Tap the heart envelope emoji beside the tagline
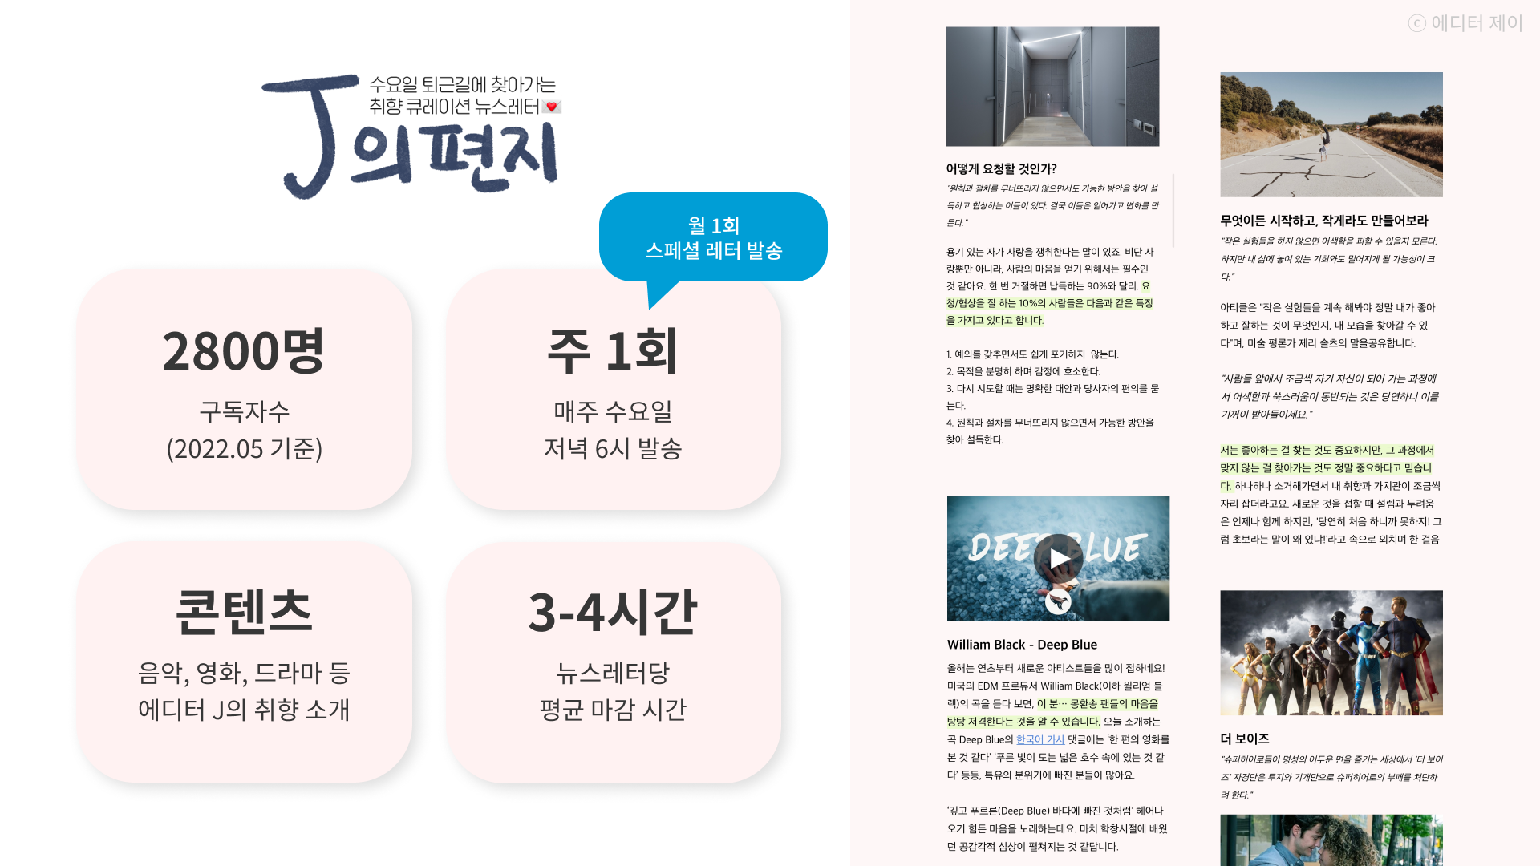pyautogui.click(x=552, y=107)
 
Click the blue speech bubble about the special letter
pyautogui.click(x=713, y=237)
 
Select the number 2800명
pyautogui.click(x=244, y=351)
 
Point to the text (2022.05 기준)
pyautogui.click(x=244, y=448)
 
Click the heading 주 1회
pyautogui.click(x=613, y=351)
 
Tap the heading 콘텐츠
pyautogui.click(x=244, y=612)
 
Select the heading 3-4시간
pyautogui.click(x=613, y=612)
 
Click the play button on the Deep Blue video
pyautogui.click(x=1058, y=558)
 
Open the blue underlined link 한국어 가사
pyautogui.click(x=1040, y=739)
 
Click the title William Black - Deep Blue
pyautogui.click(x=1022, y=645)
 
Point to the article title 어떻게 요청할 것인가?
pyautogui.click(x=1001, y=168)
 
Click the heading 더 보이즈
pyautogui.click(x=1245, y=739)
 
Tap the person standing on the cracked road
pyautogui.click(x=1324, y=144)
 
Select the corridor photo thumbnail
pyautogui.click(x=1052, y=87)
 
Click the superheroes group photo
pyautogui.click(x=1331, y=653)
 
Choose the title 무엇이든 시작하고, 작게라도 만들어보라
pyautogui.click(x=1324, y=221)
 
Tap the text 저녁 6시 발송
pyautogui.click(x=613, y=448)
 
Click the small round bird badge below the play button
pyautogui.click(x=1058, y=601)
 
